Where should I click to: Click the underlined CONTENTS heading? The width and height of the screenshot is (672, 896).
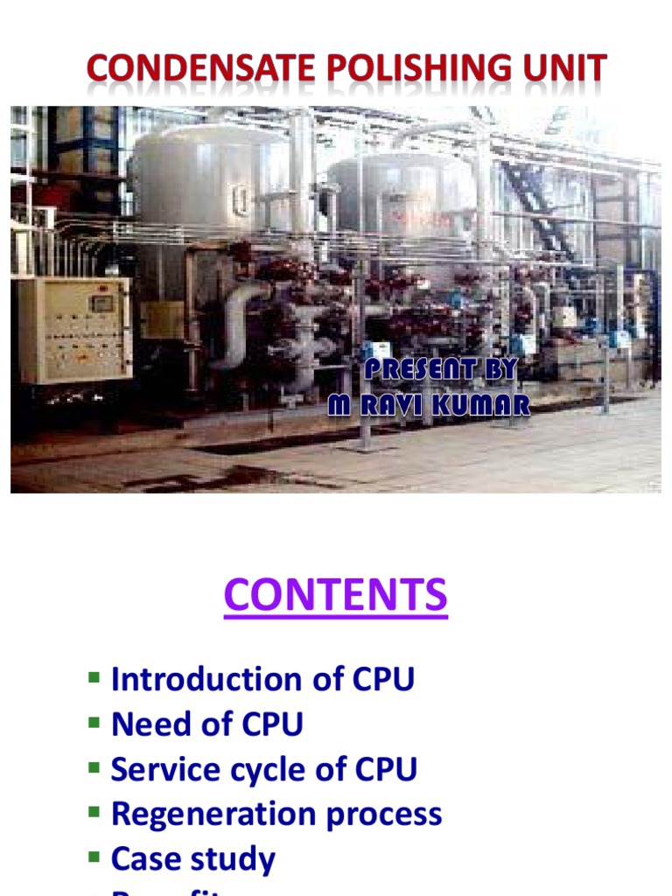pyautogui.click(x=335, y=596)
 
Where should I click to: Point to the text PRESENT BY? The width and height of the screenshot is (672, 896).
pyautogui.click(x=441, y=370)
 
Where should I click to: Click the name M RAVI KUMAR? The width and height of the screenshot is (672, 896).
pyautogui.click(x=429, y=405)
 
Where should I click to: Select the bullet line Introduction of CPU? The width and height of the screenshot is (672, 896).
pyautogui.click(x=262, y=680)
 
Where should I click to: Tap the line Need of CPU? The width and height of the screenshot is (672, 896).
pyautogui.click(x=206, y=724)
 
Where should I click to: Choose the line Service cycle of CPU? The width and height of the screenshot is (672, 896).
pyautogui.click(x=263, y=770)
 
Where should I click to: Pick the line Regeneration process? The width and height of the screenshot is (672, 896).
pyautogui.click(x=276, y=815)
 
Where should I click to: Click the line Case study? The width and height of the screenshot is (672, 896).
pyautogui.click(x=192, y=859)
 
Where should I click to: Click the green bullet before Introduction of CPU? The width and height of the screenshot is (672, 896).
pyautogui.click(x=94, y=677)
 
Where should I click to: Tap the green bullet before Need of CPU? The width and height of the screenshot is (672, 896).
pyautogui.click(x=94, y=722)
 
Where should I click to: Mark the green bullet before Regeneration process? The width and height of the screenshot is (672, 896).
pyautogui.click(x=94, y=812)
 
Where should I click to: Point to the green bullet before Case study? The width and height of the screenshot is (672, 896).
pyautogui.click(x=94, y=857)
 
